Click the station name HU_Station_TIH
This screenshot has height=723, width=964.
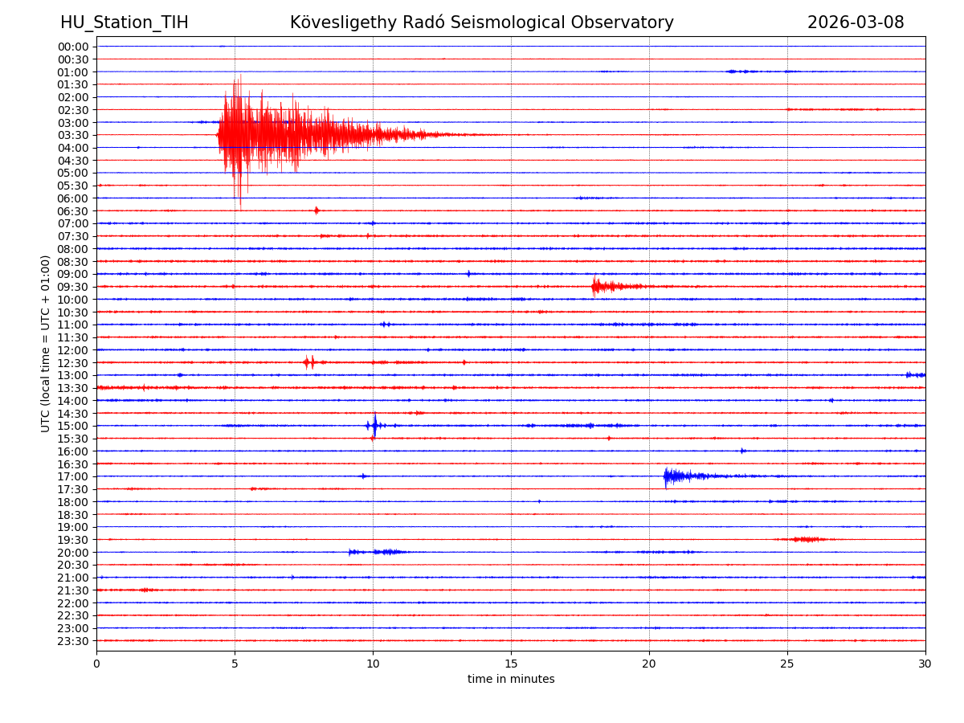(x=125, y=23)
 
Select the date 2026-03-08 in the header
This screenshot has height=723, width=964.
(x=856, y=23)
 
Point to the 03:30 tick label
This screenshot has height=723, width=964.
(x=73, y=135)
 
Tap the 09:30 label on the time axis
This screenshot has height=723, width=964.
(x=73, y=287)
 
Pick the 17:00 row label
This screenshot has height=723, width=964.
(x=73, y=476)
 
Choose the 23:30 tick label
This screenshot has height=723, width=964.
(x=73, y=641)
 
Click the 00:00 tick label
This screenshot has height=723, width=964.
(x=73, y=47)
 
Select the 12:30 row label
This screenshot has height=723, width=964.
(x=73, y=363)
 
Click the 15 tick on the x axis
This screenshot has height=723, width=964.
(x=511, y=664)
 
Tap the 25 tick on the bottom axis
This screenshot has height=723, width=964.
(x=787, y=664)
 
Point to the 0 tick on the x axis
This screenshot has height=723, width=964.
(x=96, y=664)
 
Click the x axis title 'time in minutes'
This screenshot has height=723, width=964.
(x=511, y=680)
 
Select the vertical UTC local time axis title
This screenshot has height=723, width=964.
(x=47, y=344)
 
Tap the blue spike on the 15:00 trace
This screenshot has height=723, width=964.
(x=374, y=425)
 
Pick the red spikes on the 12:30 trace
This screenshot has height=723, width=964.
(x=309, y=362)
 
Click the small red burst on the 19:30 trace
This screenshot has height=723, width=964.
(x=807, y=539)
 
